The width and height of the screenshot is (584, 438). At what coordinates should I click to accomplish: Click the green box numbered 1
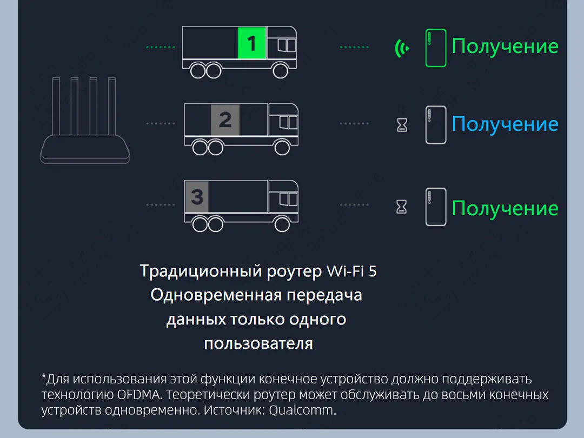[x=252, y=43]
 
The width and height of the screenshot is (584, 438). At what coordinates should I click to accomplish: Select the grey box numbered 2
[x=225, y=120]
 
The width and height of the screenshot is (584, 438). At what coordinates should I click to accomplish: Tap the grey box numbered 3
[x=197, y=197]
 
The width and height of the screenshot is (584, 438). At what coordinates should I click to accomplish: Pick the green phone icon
[x=435, y=48]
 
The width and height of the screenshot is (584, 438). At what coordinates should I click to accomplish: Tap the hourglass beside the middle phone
[x=402, y=125]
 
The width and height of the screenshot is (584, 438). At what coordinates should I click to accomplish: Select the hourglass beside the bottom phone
[x=402, y=207]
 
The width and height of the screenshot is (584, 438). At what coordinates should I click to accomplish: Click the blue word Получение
[x=505, y=124]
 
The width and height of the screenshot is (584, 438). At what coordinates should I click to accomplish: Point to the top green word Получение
[x=505, y=47]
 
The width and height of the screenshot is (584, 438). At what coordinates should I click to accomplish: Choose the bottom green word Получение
[x=505, y=208]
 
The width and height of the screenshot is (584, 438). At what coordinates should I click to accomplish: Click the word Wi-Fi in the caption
[x=344, y=271]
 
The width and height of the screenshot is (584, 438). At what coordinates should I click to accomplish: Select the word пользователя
[x=258, y=343]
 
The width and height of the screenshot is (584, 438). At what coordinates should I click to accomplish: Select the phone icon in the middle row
[x=435, y=125]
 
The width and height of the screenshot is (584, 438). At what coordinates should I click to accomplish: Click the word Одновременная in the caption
[x=216, y=295]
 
